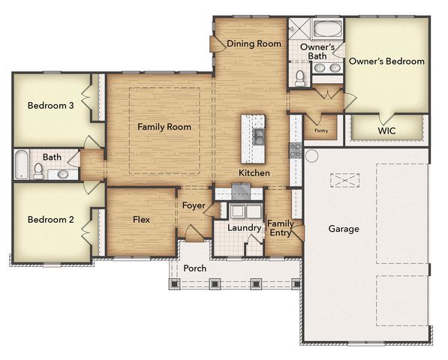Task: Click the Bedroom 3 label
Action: [50, 106]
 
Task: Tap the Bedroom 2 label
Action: [50, 220]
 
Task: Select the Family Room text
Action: [164, 127]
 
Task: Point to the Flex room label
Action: [142, 220]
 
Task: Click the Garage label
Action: [343, 229]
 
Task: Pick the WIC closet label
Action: [386, 130]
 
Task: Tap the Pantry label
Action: [321, 130]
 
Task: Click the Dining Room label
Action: [254, 43]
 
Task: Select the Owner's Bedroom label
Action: [386, 61]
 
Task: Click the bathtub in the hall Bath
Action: [21, 164]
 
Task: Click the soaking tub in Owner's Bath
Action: [327, 31]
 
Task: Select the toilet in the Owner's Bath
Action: [299, 76]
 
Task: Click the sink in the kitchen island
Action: [257, 136]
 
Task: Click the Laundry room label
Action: [243, 226]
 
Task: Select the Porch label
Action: [195, 268]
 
